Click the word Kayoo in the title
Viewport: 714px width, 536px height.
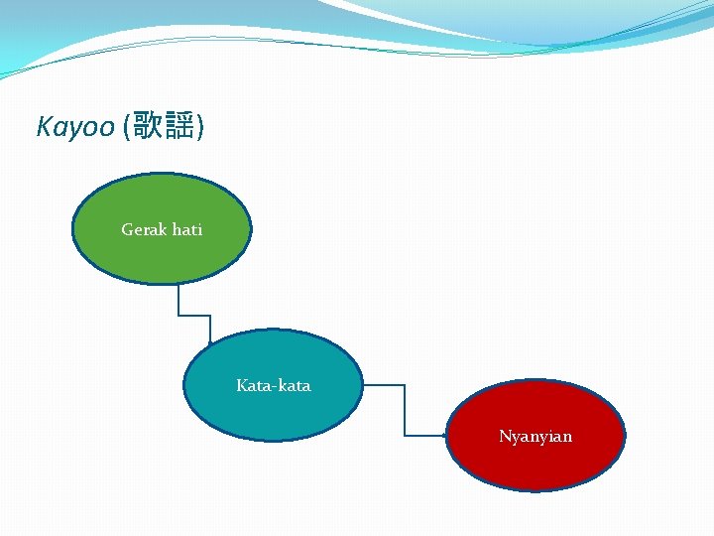75,128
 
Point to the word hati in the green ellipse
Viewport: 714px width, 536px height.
186,229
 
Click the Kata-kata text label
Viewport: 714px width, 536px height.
273,385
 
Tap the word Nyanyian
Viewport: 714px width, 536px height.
535,437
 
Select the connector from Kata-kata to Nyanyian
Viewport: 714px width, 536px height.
405,407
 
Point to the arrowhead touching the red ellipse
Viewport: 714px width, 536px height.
443,435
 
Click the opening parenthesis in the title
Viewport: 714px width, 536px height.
125,128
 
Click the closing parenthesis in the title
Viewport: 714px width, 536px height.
201,128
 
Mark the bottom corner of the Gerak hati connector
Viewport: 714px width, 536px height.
178,316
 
